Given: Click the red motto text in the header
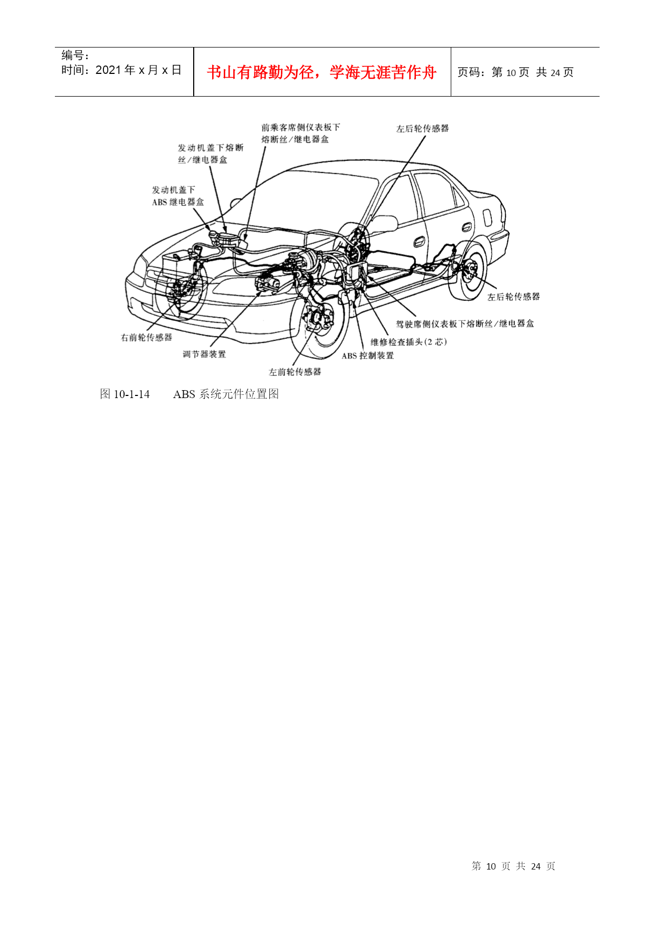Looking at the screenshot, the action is [321, 72].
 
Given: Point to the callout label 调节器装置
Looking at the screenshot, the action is [204, 354].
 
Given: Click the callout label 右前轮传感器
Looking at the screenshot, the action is [146, 337].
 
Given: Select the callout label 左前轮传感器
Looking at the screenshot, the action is [295, 372].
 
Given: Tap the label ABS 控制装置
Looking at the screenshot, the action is [368, 356].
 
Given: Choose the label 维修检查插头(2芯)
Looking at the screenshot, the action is [409, 342].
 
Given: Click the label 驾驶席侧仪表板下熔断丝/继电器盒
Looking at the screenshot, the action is [465, 324].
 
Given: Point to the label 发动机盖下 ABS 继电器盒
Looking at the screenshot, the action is [178, 196].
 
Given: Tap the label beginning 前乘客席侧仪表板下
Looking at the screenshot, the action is [301, 133].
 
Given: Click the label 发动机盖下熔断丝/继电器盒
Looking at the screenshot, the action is [211, 154].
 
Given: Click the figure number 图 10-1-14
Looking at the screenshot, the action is [125, 394].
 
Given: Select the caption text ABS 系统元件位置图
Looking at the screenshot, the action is [226, 394].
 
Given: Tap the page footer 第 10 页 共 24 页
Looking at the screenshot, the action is [514, 866].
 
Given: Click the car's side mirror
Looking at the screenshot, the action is [384, 223].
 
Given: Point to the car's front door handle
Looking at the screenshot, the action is [420, 242].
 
